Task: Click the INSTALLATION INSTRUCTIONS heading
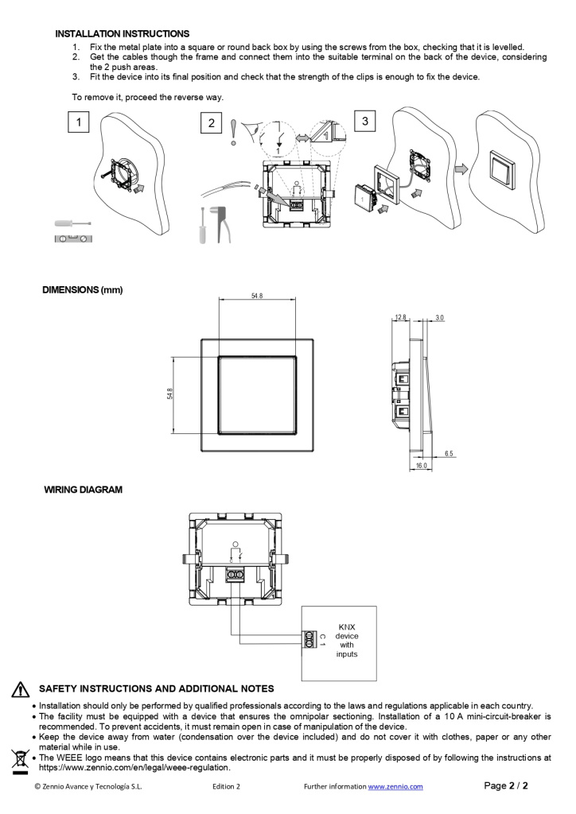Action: pyautogui.click(x=122, y=34)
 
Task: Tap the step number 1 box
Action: pyautogui.click(x=78, y=122)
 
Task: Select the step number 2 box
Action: pyautogui.click(x=211, y=122)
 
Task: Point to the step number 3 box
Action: pyautogui.click(x=365, y=121)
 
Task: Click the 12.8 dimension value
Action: pyautogui.click(x=400, y=317)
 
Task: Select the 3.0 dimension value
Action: pyautogui.click(x=439, y=317)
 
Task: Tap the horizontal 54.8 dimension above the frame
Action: pyautogui.click(x=256, y=296)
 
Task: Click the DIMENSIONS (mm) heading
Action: pyautogui.click(x=83, y=290)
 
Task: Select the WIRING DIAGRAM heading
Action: pyautogui.click(x=83, y=490)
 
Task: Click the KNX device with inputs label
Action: pyautogui.click(x=347, y=641)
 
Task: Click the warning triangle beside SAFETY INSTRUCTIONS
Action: pyautogui.click(x=21, y=689)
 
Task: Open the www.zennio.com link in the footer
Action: pyautogui.click(x=395, y=787)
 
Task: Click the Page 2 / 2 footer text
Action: pyautogui.click(x=506, y=786)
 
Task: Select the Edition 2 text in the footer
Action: pyautogui.click(x=227, y=787)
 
